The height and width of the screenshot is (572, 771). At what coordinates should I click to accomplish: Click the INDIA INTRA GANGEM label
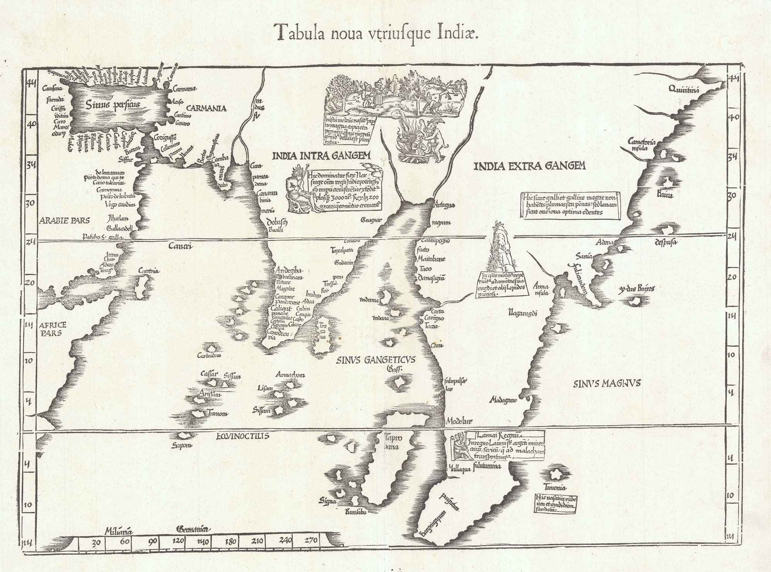[321, 155]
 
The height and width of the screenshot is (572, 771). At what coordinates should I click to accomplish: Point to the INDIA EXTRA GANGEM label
[529, 166]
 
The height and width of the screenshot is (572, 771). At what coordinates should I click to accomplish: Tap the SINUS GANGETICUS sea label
[375, 360]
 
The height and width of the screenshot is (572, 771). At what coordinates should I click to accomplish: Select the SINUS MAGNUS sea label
[607, 383]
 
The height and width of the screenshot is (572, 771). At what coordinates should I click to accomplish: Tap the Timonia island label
[555, 487]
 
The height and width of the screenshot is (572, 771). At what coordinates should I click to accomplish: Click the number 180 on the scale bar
[230, 542]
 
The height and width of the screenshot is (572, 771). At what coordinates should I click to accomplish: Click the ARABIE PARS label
[64, 221]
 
